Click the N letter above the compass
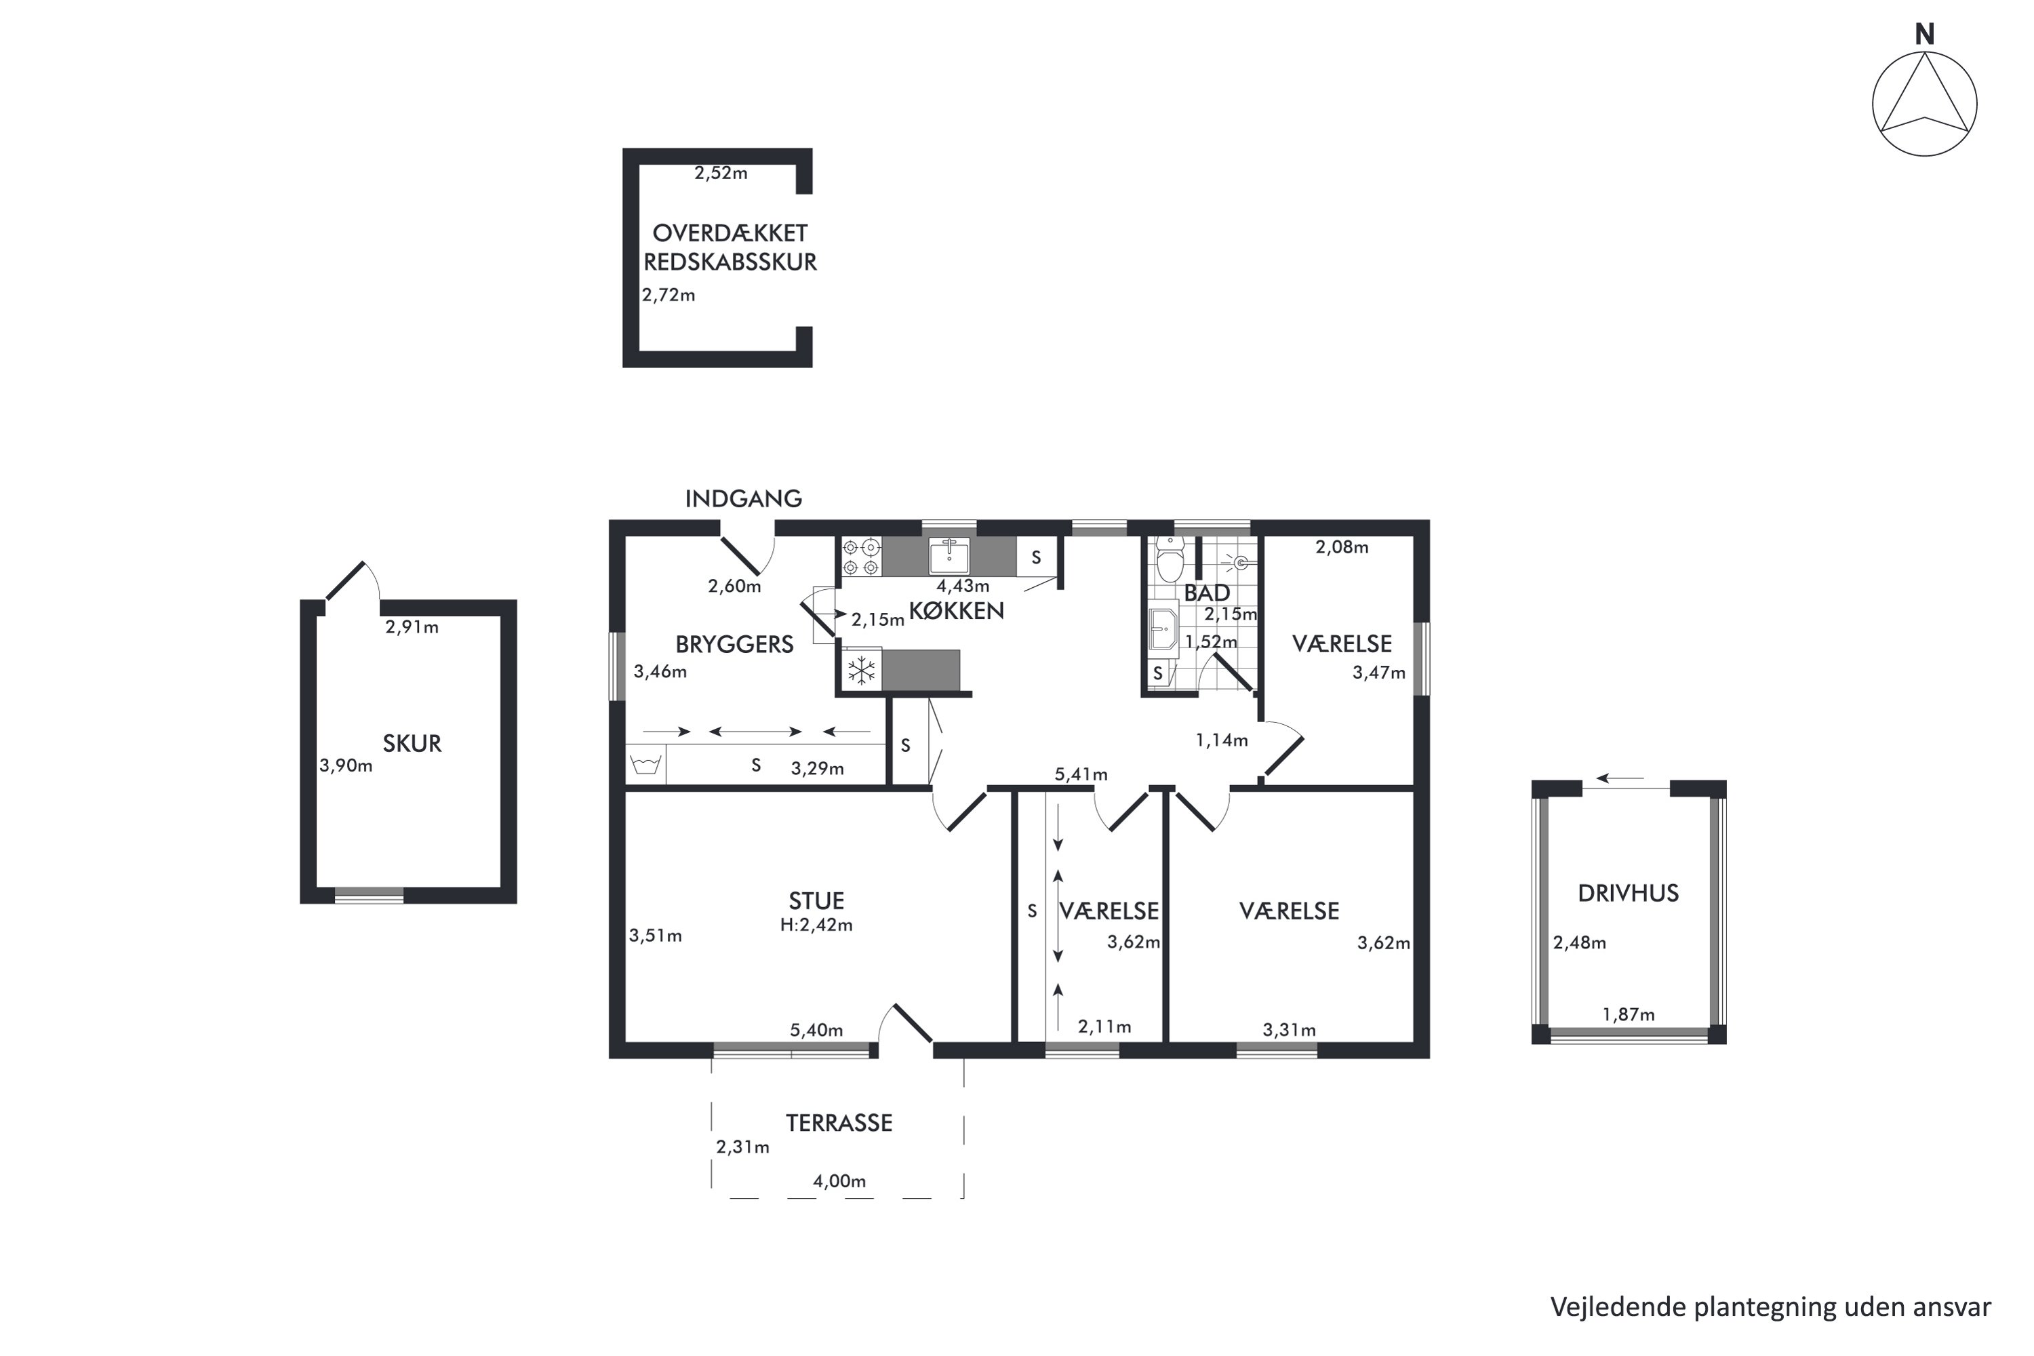pos(1924,35)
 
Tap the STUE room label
pos(816,901)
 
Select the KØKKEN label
pos(957,611)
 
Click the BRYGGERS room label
pos(734,644)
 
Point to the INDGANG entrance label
pos(744,499)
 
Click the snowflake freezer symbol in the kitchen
pos(861,671)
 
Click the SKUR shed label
pos(412,744)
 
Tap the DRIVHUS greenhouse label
pos(1629,894)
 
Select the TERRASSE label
pos(839,1123)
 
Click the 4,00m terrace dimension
pos(839,1181)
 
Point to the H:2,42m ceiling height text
pos(816,925)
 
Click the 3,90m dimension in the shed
pos(346,765)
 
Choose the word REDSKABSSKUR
pos(730,262)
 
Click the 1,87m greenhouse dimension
pos(1629,1014)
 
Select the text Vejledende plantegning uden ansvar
pos(1770,1307)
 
